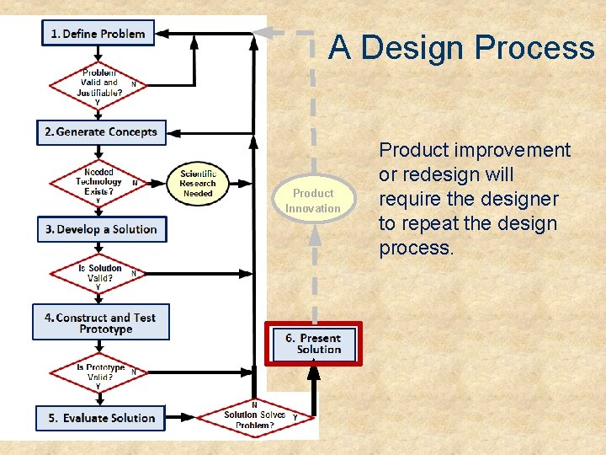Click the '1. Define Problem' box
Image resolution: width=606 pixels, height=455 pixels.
[x=98, y=34]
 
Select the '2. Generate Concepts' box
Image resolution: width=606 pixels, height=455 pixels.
[x=101, y=132]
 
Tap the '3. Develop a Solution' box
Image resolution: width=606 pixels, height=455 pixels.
[x=101, y=229]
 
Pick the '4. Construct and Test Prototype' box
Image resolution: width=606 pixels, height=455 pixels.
[x=101, y=323]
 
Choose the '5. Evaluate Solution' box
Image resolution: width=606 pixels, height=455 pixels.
[x=101, y=418]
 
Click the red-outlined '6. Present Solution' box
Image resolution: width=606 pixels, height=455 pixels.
[x=314, y=344]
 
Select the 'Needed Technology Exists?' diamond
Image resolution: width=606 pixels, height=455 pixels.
[x=98, y=182]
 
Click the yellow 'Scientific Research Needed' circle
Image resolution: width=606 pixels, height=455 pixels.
[x=198, y=183]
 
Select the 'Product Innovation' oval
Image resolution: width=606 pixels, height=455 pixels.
[x=313, y=201]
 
